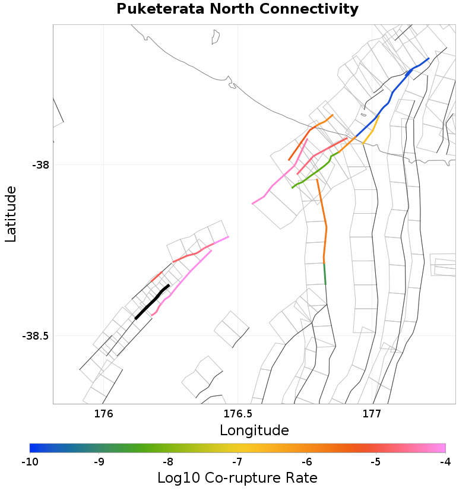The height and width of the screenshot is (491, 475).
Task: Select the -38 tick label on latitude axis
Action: click(41, 164)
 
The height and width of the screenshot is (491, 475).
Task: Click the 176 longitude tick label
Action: click(104, 414)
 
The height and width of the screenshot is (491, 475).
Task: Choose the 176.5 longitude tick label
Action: click(237, 414)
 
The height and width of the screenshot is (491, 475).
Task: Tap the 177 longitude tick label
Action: click(372, 414)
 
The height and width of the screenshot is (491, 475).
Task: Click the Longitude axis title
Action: click(254, 430)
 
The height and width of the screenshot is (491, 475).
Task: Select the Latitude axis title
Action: click(11, 213)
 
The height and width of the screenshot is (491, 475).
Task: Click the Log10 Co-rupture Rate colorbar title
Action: click(237, 477)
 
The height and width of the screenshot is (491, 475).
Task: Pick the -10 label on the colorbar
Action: click(30, 461)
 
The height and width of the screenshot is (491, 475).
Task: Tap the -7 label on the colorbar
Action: click(237, 461)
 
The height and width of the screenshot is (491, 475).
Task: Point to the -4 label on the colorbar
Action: click(445, 461)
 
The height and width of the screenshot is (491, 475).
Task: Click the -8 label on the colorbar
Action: click(168, 461)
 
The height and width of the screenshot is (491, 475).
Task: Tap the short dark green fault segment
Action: click(324, 273)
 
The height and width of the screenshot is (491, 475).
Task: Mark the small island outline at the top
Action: click(216, 37)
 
